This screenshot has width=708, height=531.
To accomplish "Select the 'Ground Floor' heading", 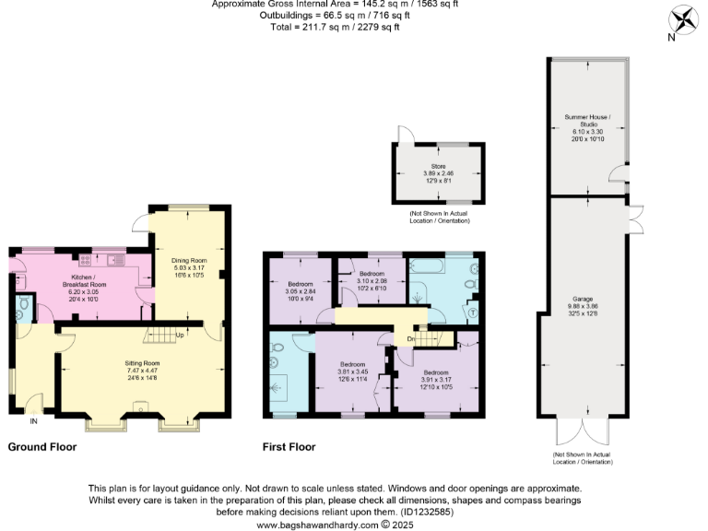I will point(41,447).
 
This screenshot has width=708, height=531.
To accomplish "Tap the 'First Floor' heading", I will point(289,447).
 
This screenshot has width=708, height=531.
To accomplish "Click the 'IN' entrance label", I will point(34,422).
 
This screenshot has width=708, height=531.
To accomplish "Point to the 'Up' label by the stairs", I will point(180,335).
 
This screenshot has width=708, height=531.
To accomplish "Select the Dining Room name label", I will point(187,259).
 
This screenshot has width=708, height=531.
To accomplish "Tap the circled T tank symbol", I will point(472,311).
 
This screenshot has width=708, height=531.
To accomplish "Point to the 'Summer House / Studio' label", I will point(587,121).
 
